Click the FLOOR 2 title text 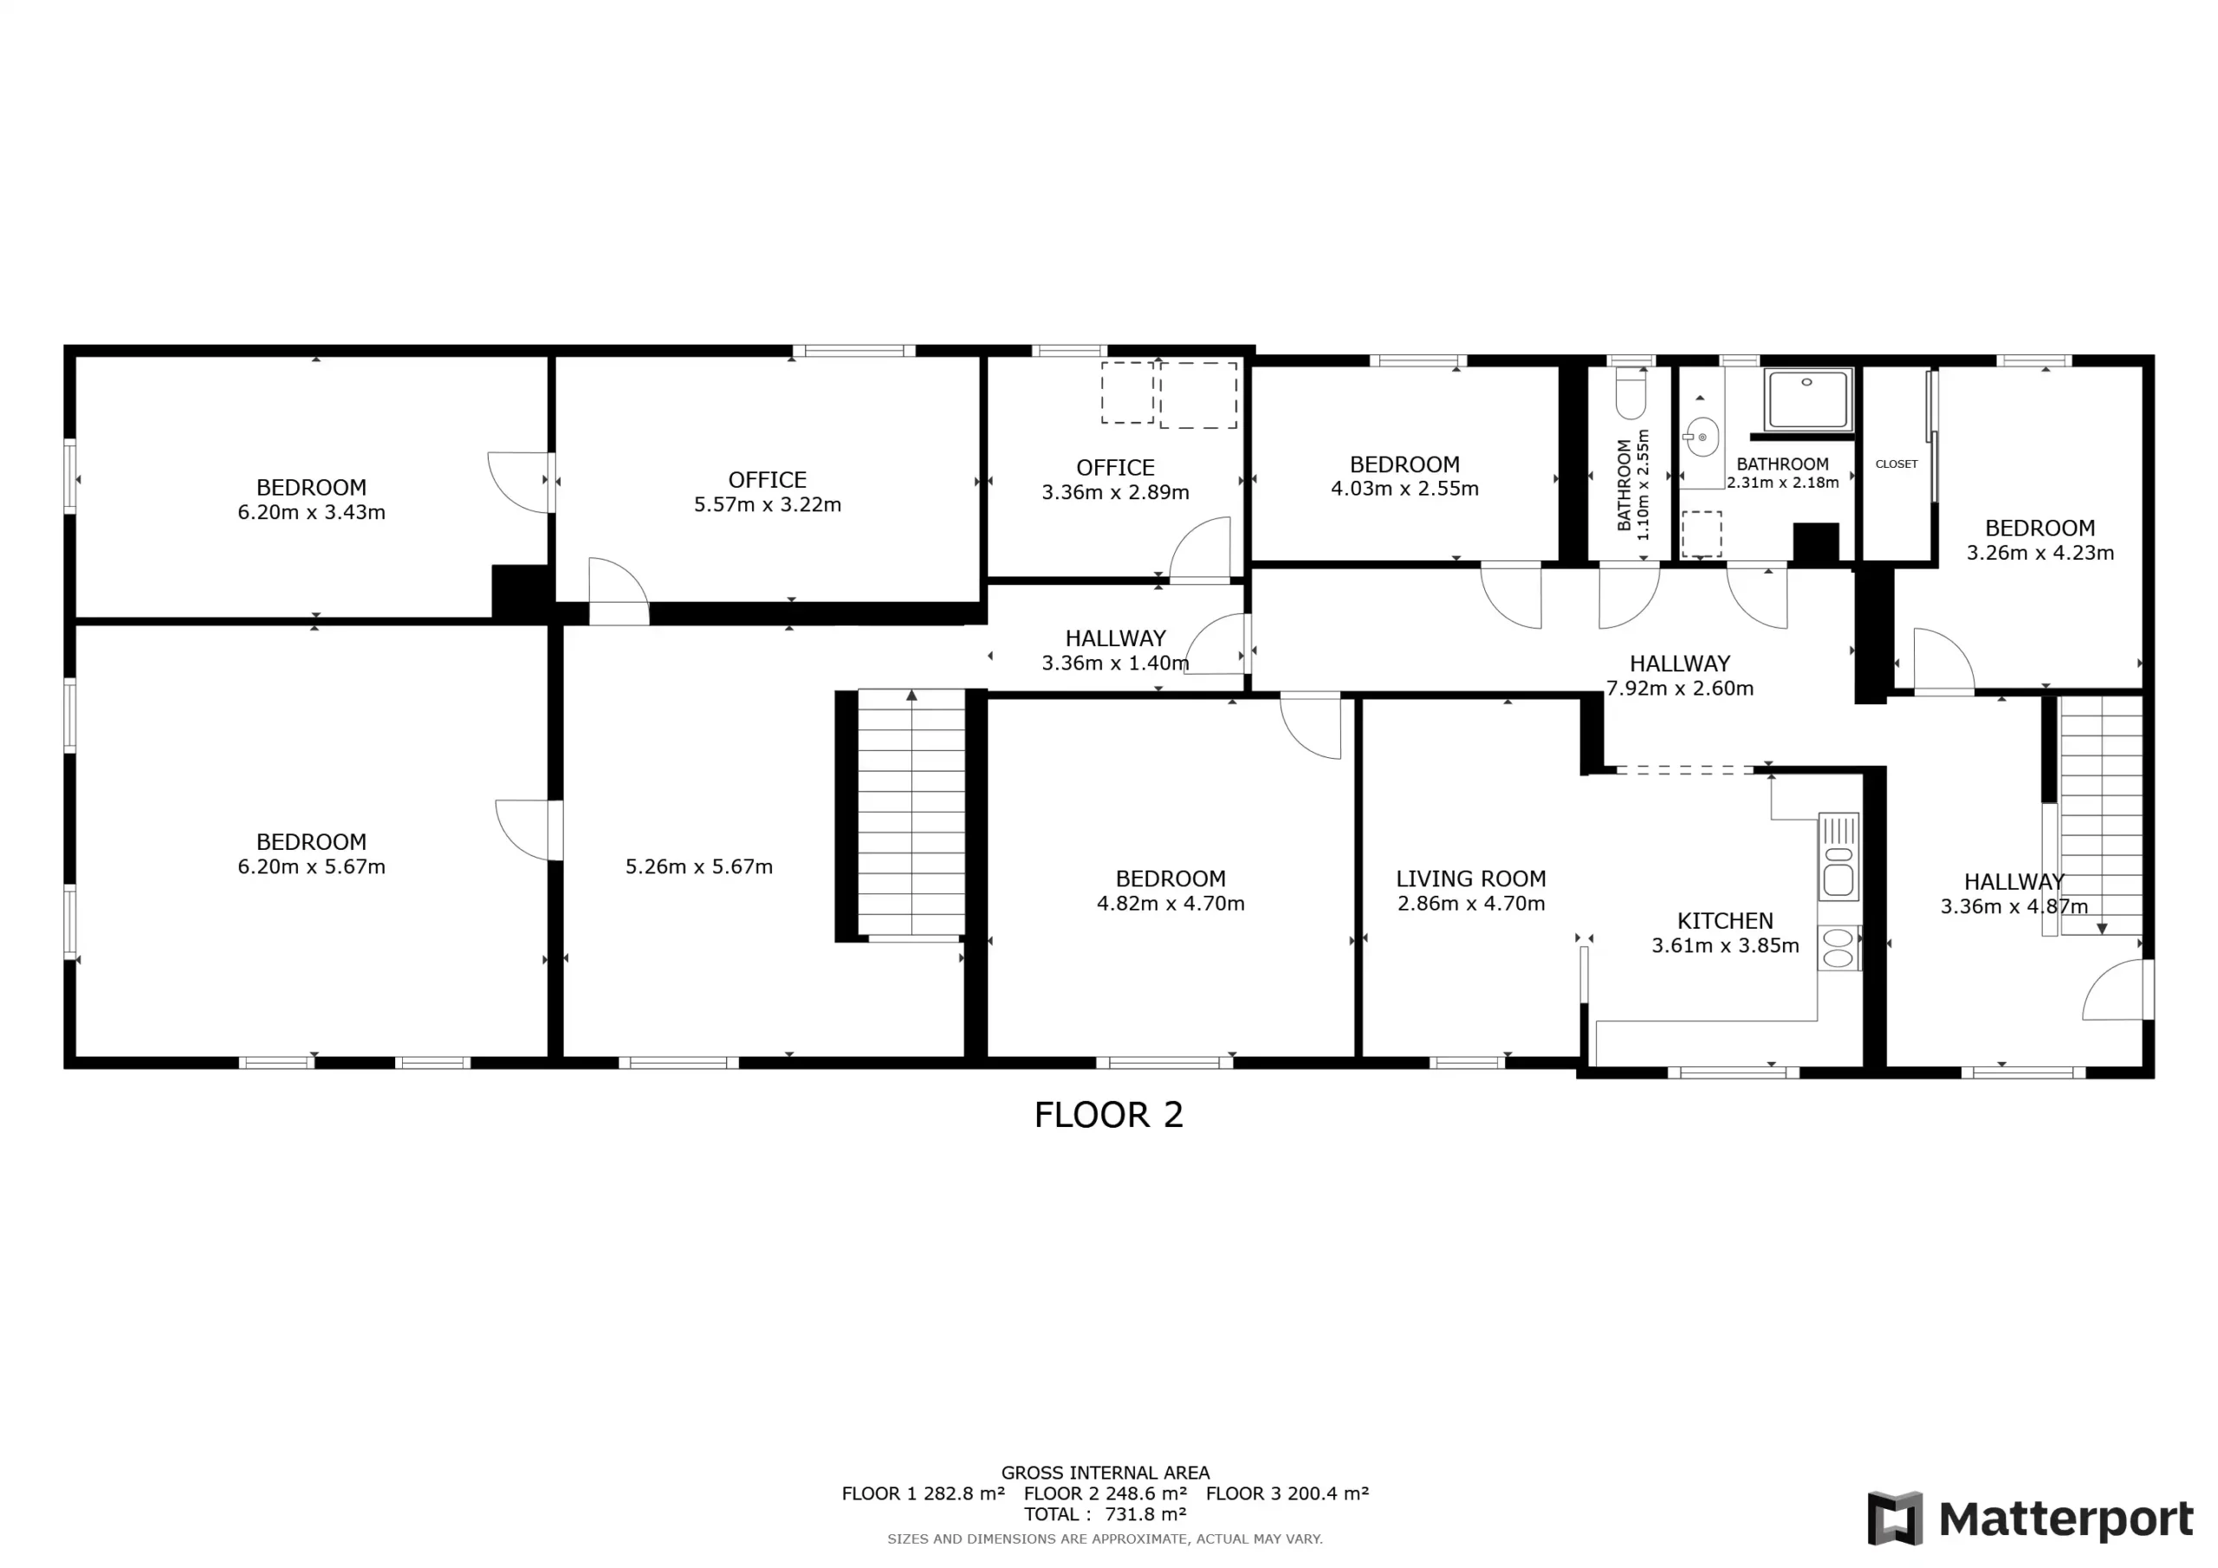pyautogui.click(x=1108, y=1115)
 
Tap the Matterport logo pyautogui.click(x=2030, y=1519)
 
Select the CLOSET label pyautogui.click(x=1897, y=463)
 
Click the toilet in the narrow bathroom pyautogui.click(x=1631, y=393)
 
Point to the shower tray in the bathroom pyautogui.click(x=1808, y=399)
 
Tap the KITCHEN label pyautogui.click(x=1725, y=921)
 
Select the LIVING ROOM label pyautogui.click(x=1471, y=878)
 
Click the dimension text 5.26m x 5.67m pyautogui.click(x=699, y=866)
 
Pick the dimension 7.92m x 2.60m pyautogui.click(x=1680, y=688)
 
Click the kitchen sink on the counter pyautogui.click(x=1839, y=857)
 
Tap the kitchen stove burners pyautogui.click(x=1839, y=948)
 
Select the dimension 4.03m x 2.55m pyautogui.click(x=1404, y=489)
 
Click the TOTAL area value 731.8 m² pyautogui.click(x=1145, y=1514)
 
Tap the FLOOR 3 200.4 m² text pyautogui.click(x=1287, y=1493)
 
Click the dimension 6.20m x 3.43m pyautogui.click(x=312, y=512)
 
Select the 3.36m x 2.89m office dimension pyautogui.click(x=1116, y=492)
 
